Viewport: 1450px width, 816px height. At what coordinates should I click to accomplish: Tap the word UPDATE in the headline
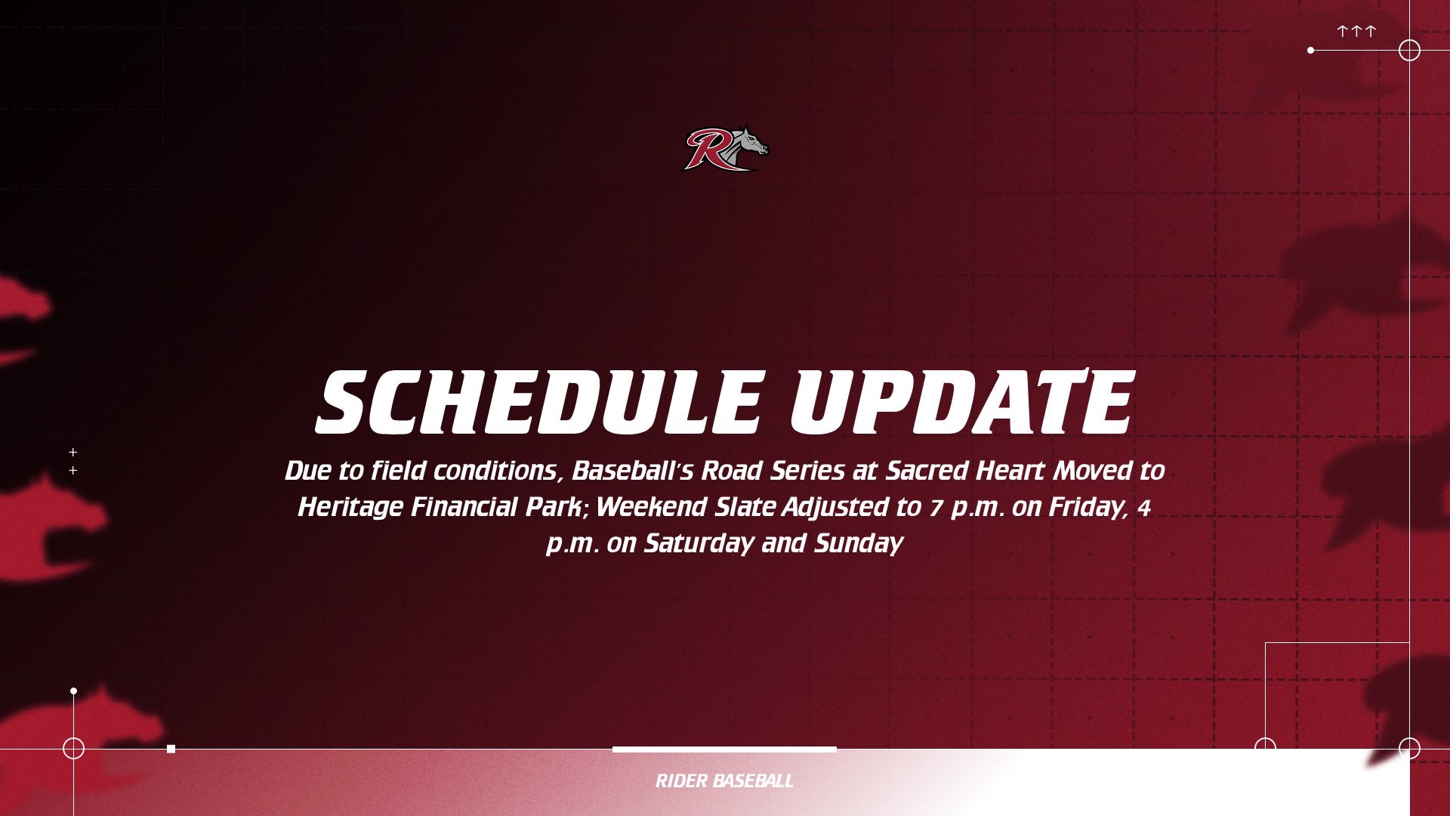tap(961, 402)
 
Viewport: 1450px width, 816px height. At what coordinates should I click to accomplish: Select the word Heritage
tap(350, 507)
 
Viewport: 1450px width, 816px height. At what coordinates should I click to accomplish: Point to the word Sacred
tap(927, 471)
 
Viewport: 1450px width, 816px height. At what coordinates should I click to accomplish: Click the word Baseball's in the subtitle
tap(632, 471)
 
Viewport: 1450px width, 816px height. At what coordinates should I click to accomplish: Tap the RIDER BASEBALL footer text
tap(724, 781)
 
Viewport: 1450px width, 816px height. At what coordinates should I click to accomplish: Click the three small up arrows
tap(1356, 32)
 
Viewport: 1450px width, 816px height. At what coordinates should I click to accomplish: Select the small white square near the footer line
tap(171, 749)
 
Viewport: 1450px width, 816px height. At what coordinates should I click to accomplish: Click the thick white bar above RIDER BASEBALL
tap(724, 750)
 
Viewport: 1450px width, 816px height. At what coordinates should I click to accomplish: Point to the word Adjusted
tap(835, 507)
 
